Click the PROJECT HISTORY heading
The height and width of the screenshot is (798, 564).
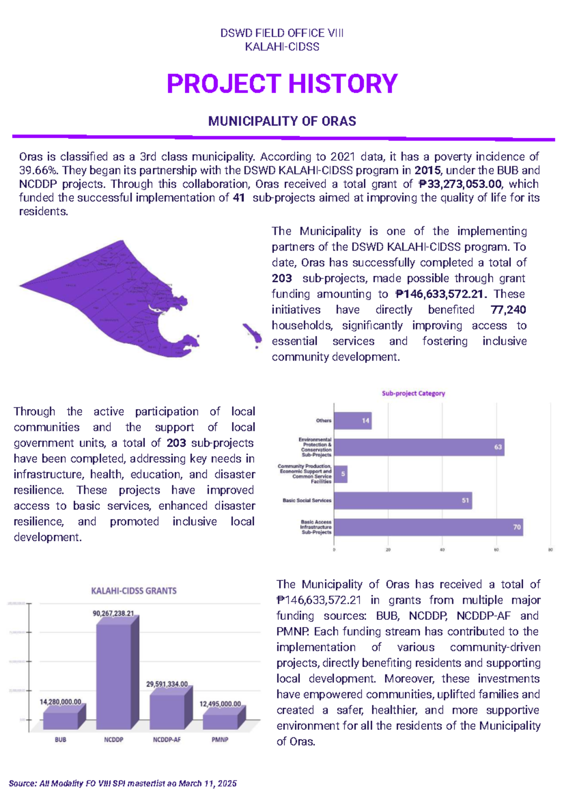coord(282,84)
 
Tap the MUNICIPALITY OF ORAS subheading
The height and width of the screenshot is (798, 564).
coord(282,121)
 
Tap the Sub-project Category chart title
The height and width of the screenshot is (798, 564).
coord(413,393)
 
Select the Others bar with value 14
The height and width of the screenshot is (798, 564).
coord(352,421)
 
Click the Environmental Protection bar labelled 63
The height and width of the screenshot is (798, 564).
coord(418,447)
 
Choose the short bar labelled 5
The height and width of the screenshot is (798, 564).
coord(341,474)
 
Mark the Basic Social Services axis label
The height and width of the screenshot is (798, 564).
coord(307,500)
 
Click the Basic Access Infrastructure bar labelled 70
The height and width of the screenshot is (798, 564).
coord(428,527)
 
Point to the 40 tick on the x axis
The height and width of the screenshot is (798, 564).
coord(442,550)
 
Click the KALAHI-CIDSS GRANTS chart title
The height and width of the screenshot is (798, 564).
coord(134,591)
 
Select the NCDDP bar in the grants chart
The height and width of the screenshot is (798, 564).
coord(114,675)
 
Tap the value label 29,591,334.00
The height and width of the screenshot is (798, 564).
coord(167,684)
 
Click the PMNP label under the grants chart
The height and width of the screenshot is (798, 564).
coord(220,740)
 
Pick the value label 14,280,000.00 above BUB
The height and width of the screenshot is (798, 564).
coord(61,702)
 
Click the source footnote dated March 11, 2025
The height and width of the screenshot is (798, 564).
coord(123,783)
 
